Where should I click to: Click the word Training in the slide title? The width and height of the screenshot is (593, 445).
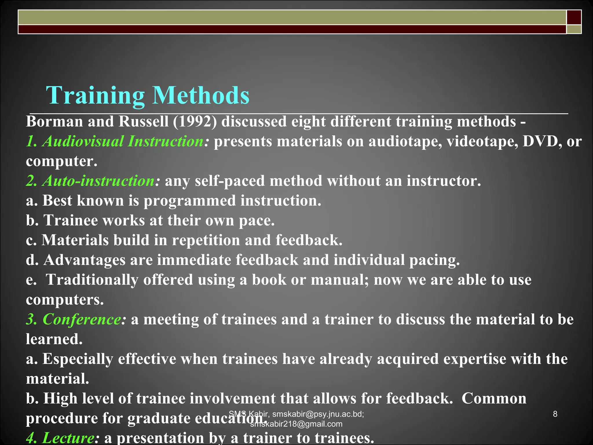(x=95, y=96)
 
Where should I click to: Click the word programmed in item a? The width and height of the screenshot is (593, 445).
(x=190, y=201)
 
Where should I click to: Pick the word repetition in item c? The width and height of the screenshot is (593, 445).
(x=206, y=240)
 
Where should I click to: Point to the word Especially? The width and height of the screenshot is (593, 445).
(x=78, y=359)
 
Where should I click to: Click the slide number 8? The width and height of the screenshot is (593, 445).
(x=555, y=414)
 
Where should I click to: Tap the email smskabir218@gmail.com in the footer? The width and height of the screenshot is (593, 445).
(x=296, y=424)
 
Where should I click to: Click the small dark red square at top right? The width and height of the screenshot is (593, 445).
(x=574, y=17)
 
